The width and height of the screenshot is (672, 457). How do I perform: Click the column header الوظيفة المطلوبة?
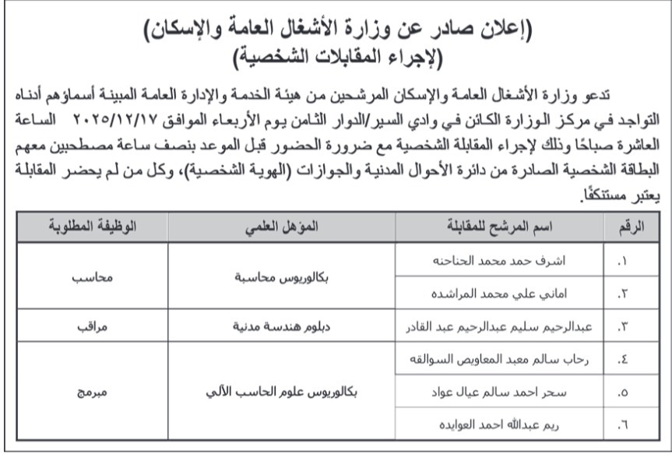click(91, 227)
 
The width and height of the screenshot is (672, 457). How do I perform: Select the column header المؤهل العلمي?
click(281, 227)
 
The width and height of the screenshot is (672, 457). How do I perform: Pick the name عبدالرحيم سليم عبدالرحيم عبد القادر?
click(499, 327)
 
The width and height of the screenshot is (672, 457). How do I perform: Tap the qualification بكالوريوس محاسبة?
click(281, 278)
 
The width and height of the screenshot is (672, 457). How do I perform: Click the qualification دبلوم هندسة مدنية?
click(281, 327)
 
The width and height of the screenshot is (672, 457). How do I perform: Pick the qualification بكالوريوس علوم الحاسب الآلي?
click(281, 392)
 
